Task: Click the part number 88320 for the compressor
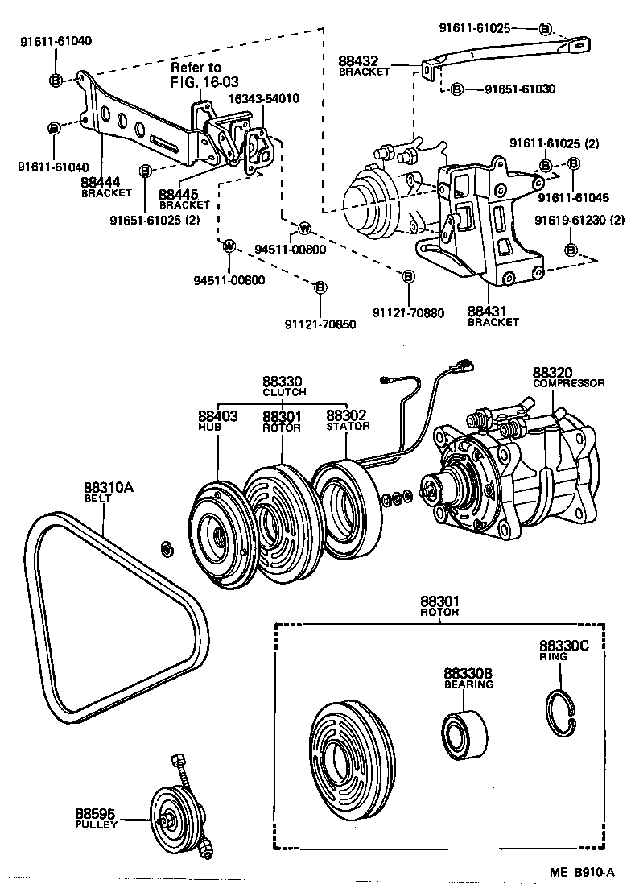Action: pyautogui.click(x=551, y=373)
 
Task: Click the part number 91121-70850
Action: pyautogui.click(x=320, y=324)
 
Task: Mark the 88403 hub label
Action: pyautogui.click(x=217, y=416)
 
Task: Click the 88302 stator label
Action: pyautogui.click(x=346, y=416)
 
